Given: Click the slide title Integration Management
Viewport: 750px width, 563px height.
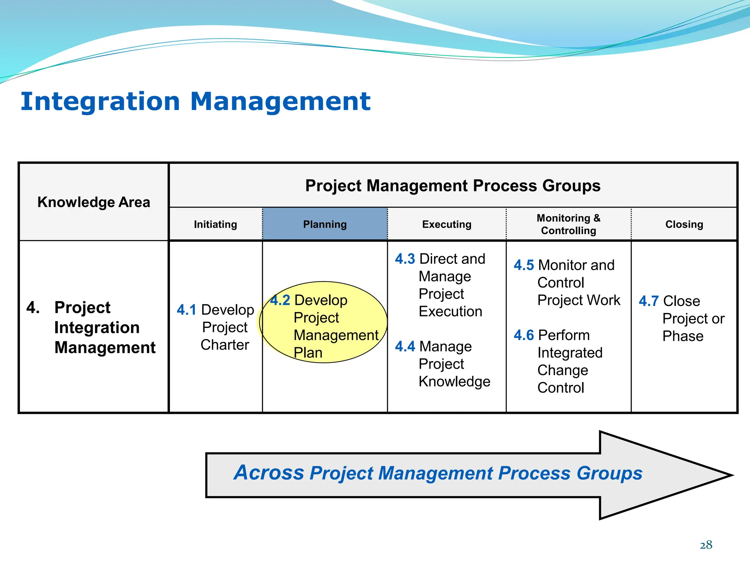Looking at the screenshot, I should [x=195, y=102].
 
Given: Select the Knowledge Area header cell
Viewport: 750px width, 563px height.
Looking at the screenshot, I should [x=94, y=202].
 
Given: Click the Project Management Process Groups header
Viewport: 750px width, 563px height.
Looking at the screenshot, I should [x=453, y=185].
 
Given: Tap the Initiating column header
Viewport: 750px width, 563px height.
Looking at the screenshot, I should [x=215, y=224].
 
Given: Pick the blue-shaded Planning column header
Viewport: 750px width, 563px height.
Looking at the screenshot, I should [x=325, y=224].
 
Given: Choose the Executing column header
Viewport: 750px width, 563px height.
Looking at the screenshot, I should [x=447, y=224].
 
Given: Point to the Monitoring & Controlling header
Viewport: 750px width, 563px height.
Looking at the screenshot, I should [x=568, y=224].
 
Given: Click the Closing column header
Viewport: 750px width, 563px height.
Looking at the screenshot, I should [x=684, y=224].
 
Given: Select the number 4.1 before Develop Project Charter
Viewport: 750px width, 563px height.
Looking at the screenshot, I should [x=186, y=310].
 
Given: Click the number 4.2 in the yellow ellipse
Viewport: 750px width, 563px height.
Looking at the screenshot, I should [x=280, y=300].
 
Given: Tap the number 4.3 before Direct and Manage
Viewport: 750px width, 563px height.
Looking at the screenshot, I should [x=405, y=259].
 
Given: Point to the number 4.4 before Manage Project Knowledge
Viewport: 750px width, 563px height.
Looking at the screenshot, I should [x=405, y=346].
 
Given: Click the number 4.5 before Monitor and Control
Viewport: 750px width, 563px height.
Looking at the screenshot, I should [x=524, y=265].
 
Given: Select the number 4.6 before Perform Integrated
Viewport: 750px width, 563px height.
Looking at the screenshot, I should [x=524, y=335].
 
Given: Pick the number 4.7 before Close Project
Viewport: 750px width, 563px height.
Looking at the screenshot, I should [x=649, y=301].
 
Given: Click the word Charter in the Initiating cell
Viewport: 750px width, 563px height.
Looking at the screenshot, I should [x=225, y=345].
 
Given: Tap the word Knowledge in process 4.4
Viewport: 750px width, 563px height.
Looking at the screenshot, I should [x=454, y=382].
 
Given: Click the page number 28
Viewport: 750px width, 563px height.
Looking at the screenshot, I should [x=706, y=545].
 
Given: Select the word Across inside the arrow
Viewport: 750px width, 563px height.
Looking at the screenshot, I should [x=269, y=472].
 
